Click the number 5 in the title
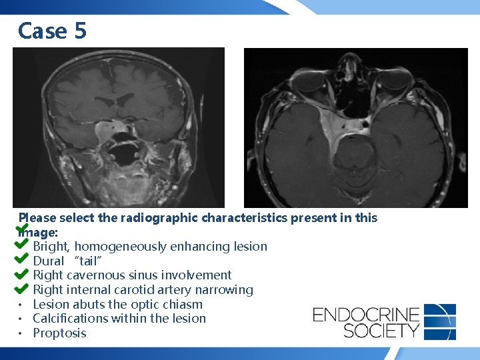coord(79,31)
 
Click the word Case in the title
coord(42,31)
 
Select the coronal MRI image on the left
coord(119,127)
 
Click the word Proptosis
coord(59,333)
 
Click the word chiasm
coord(183,305)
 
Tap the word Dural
coord(48,261)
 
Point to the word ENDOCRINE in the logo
coord(366,314)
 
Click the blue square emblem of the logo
coord(440,321)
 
